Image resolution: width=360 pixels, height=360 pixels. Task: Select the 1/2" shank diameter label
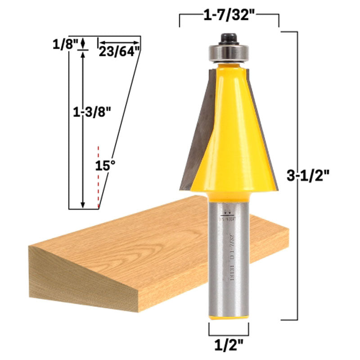point(229,346)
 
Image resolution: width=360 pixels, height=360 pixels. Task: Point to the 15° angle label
point(103,165)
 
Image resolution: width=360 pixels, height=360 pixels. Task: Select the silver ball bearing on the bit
point(229,51)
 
